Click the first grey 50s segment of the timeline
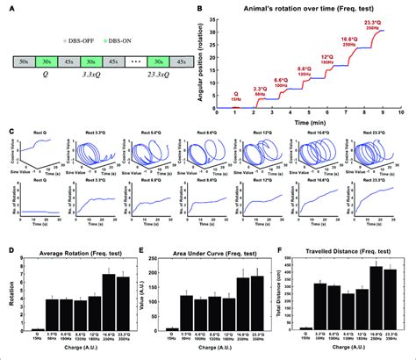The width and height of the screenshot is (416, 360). pos(26,63)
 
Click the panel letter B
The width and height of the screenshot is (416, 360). pos(201,8)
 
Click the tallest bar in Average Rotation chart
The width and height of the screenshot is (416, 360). pos(107,303)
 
